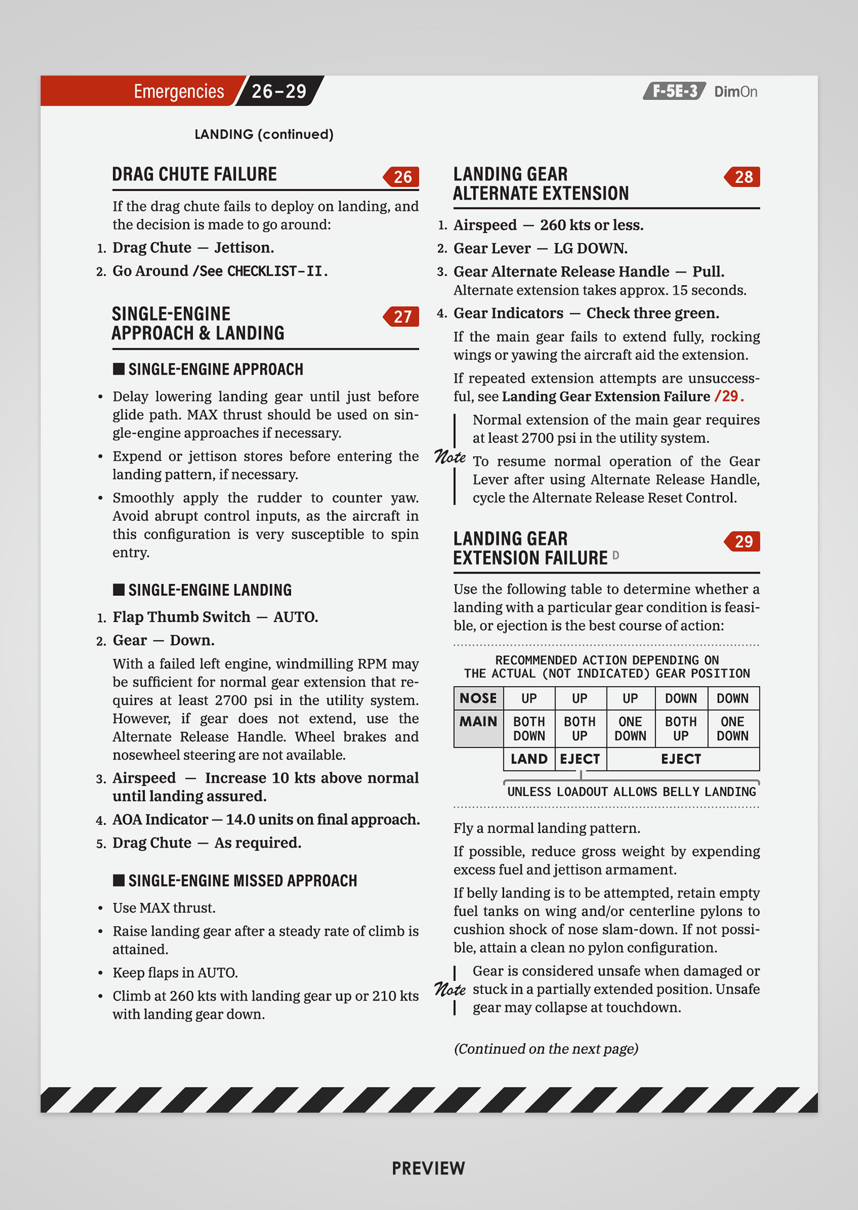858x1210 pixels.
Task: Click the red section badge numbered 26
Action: tap(402, 177)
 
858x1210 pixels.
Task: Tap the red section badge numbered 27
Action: tap(402, 317)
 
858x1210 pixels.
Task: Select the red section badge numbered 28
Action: tap(742, 177)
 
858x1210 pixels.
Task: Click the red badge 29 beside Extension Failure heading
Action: tap(742, 541)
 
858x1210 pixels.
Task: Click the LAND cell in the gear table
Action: tap(529, 759)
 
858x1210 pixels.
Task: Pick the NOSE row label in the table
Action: tap(478, 698)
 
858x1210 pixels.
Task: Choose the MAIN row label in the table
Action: tap(478, 722)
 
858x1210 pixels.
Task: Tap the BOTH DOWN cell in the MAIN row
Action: tap(529, 729)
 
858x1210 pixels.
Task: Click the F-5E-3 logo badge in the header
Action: tap(674, 91)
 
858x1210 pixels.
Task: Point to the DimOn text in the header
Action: tap(736, 92)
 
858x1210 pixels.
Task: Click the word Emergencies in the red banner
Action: tap(178, 91)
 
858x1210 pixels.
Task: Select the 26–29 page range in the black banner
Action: tap(279, 91)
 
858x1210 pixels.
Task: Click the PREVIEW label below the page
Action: tap(428, 1168)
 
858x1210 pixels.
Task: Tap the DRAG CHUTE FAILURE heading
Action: tap(194, 174)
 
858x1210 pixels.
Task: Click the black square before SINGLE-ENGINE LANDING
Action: tap(118, 590)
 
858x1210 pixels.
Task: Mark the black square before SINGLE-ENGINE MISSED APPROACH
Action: tap(118, 880)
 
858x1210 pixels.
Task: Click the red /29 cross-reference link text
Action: tap(729, 396)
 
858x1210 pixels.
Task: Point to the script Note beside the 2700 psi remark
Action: tap(450, 457)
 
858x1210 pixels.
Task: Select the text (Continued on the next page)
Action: tap(546, 1049)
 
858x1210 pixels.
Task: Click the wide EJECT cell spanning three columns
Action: tap(681, 759)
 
